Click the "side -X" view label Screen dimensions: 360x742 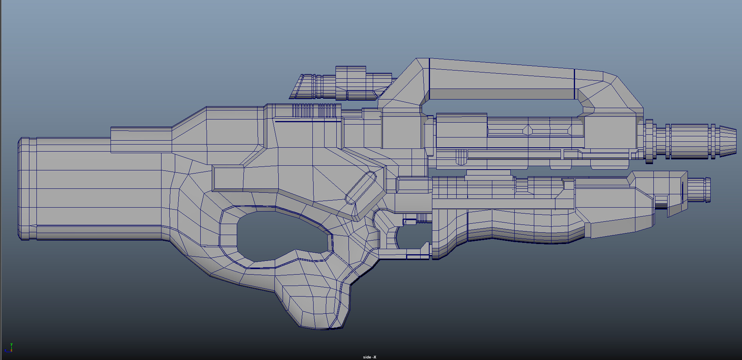(369, 357)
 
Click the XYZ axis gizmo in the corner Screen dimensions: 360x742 (9, 348)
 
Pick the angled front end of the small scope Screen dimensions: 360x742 (299, 87)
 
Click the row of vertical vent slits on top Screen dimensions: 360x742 (316, 110)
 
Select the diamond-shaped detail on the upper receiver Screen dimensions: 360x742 (528, 130)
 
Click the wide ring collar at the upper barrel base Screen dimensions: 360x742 (649, 141)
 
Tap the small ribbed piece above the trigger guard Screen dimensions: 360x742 (421, 218)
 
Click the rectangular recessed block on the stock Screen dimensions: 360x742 (227, 178)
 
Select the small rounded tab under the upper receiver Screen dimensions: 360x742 (461, 157)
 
